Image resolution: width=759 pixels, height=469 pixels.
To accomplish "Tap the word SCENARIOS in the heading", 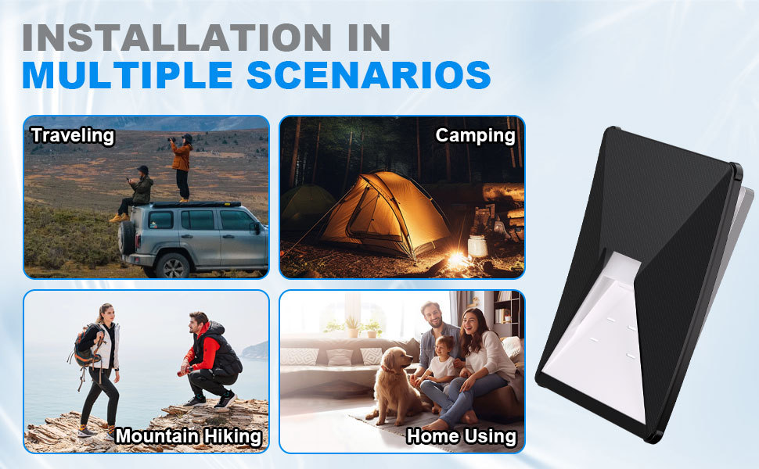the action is (x=369, y=74).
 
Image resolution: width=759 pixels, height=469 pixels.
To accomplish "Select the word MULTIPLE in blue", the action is (x=128, y=74).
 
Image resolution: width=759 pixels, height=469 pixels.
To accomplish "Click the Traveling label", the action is (x=73, y=135).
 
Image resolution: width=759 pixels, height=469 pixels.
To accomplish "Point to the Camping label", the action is (x=475, y=136).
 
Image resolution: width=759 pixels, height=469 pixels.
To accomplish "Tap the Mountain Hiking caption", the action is (x=189, y=436).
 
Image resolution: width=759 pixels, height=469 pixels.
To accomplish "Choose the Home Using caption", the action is (x=462, y=436).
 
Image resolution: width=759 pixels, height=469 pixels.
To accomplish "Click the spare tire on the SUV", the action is (x=126, y=237).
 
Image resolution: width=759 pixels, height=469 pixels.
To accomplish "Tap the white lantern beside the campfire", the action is (x=478, y=245).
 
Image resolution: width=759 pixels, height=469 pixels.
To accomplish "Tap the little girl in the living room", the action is (x=438, y=367).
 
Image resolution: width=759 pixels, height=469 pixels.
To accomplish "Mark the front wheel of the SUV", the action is (x=172, y=265).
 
